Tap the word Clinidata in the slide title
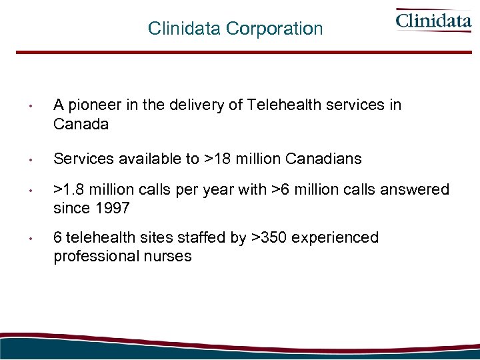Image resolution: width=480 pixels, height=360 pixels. pyautogui.click(x=185, y=29)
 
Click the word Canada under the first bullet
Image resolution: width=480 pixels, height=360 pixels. pyautogui.click(x=81, y=124)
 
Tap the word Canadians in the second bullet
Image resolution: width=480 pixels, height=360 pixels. pyautogui.click(x=323, y=159)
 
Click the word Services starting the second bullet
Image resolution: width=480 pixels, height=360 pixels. pyautogui.click(x=80, y=159)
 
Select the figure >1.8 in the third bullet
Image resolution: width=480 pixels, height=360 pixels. pyautogui.click(x=67, y=190)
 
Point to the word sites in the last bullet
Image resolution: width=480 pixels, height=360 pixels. pyautogui.click(x=142, y=238)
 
